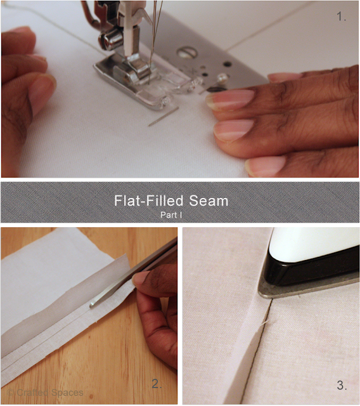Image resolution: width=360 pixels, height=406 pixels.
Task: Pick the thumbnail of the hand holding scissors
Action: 141,278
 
